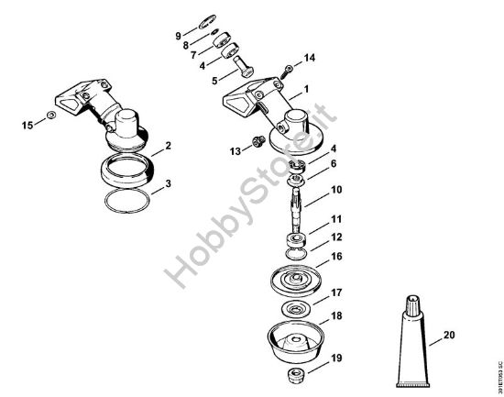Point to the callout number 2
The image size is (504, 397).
coord(167,146)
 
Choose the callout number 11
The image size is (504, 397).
coord(311,220)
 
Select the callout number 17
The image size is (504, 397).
coord(311,293)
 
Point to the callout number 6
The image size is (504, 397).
coord(308,163)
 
